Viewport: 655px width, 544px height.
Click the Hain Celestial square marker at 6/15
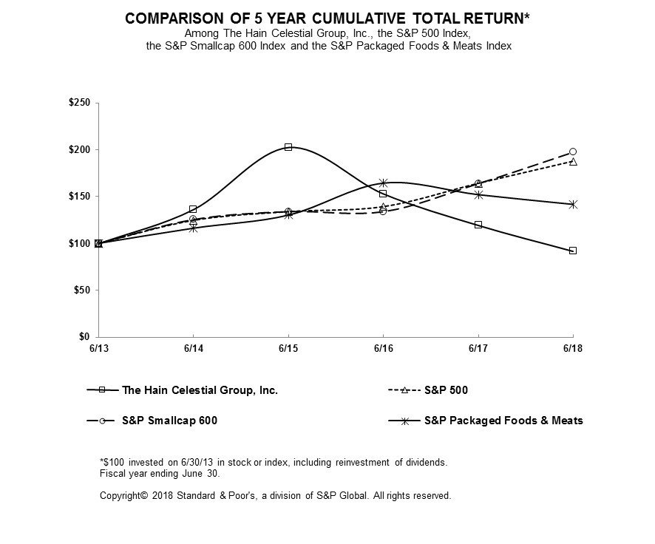(288, 147)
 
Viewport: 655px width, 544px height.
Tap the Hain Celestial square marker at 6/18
(573, 251)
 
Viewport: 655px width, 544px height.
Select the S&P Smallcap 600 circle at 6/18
(573, 152)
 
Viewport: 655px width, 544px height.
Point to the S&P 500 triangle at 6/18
(573, 161)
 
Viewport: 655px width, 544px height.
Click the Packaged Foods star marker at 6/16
(383, 183)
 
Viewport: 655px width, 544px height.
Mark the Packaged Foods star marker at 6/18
(573, 204)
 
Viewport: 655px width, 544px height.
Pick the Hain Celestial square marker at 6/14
(193, 209)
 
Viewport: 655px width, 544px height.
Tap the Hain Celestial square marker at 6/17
(478, 225)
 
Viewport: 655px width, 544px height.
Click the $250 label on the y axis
(78, 103)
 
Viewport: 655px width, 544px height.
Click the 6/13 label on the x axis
(98, 347)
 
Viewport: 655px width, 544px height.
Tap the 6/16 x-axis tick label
(383, 347)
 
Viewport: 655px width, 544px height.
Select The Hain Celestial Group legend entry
(200, 390)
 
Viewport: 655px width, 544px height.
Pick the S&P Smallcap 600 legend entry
(169, 421)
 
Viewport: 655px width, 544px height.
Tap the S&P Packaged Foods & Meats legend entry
(503, 421)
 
